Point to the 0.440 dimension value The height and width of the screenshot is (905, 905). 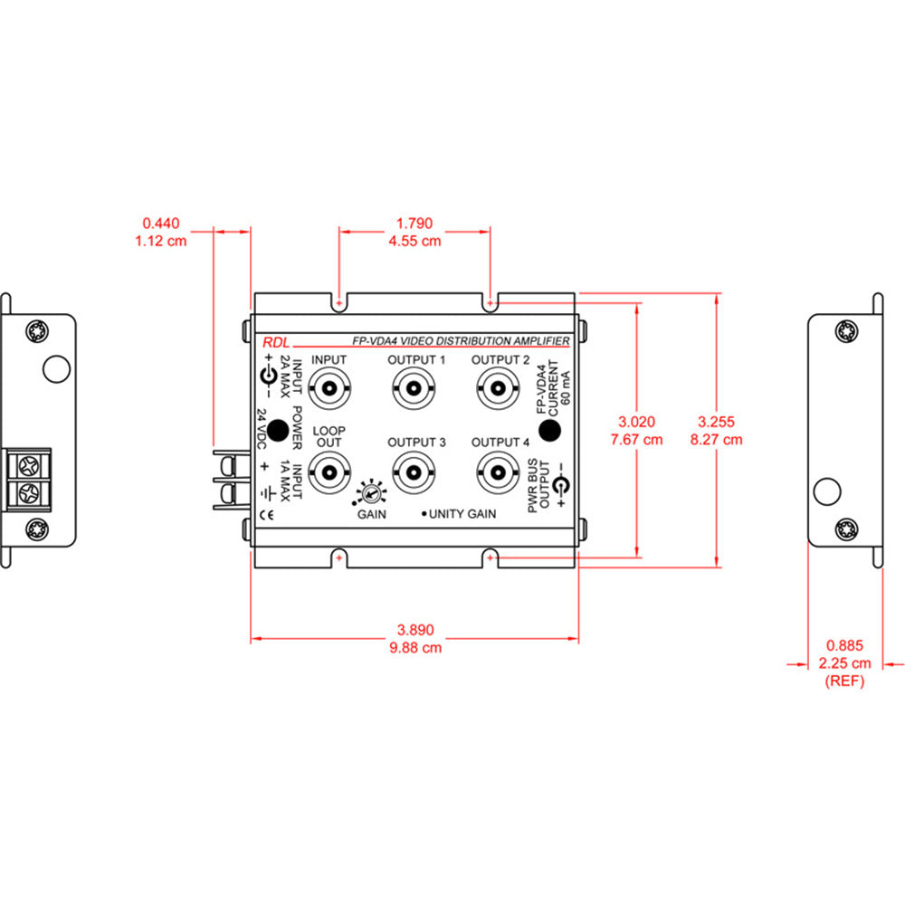161,223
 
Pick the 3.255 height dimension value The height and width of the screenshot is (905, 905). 719,422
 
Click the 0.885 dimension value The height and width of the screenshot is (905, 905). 844,646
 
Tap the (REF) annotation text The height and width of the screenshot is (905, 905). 844,681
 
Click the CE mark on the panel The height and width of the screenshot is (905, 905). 267,517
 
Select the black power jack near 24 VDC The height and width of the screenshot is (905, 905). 277,429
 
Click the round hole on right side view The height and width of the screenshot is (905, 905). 825,491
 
